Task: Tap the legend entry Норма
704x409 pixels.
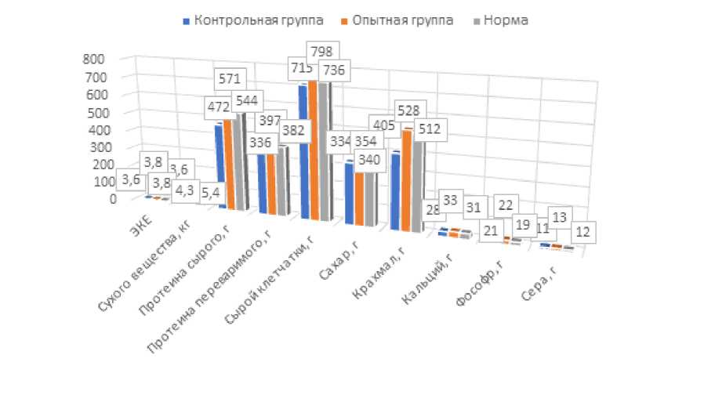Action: pos(503,20)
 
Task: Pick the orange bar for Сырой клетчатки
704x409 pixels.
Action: pos(314,149)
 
